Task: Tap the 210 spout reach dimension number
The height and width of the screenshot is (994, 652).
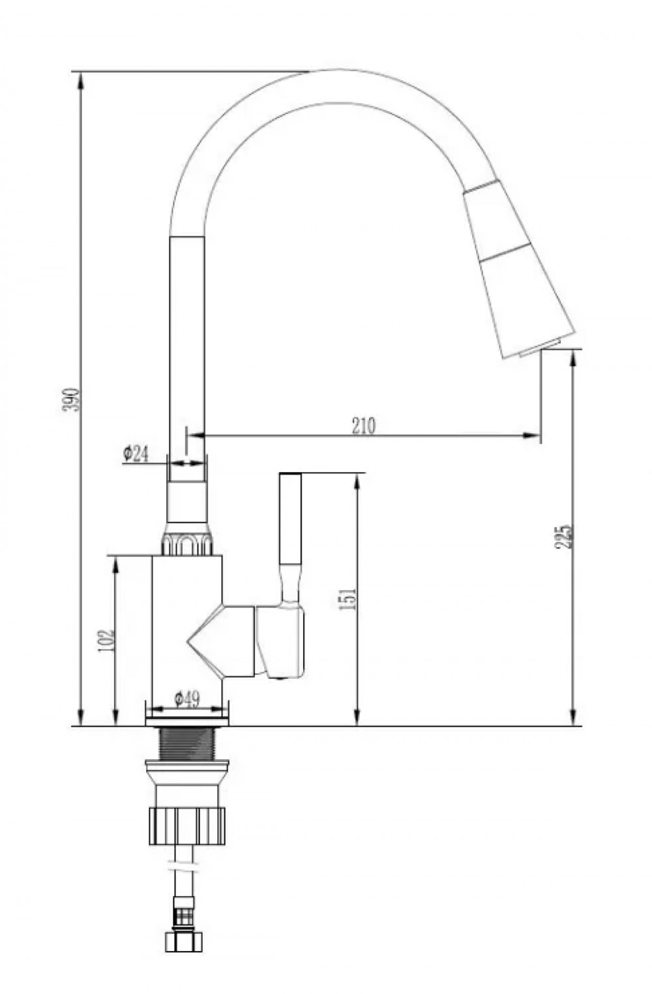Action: (363, 425)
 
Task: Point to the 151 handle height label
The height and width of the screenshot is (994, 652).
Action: (348, 598)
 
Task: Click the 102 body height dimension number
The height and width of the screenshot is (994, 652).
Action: (106, 640)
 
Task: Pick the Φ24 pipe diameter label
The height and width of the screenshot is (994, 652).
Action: (136, 454)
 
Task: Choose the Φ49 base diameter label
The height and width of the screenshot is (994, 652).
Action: (186, 700)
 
